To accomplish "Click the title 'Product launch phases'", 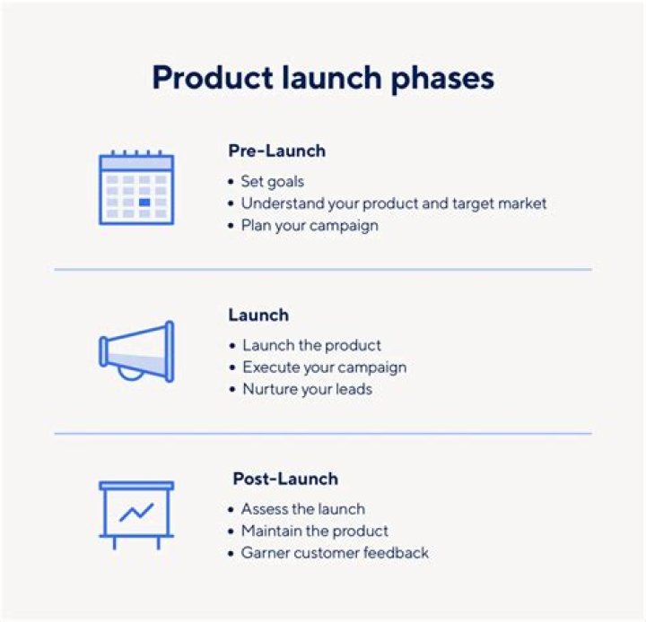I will [323, 78].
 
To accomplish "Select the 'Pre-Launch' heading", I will [276, 151].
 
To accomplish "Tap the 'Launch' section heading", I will [258, 315].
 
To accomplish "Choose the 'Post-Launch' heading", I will [285, 479].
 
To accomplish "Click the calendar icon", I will [135, 187].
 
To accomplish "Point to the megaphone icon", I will [136, 351].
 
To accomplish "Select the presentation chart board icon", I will [136, 514].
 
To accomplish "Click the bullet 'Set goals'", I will [273, 181].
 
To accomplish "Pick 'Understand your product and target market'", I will [393, 203].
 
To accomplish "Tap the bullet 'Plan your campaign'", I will [310, 225].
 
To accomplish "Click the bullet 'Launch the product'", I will [311, 345].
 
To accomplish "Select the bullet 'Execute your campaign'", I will [324, 367].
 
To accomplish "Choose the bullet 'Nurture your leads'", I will [307, 389].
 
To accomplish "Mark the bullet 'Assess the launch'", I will [302, 509].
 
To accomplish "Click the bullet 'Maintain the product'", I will [314, 531].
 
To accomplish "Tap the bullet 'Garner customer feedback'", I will [335, 553].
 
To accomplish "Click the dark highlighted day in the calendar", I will [144, 203].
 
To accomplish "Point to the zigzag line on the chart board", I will [136, 513].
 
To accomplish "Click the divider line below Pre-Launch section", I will [323, 269].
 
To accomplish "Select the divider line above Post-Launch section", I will [323, 434].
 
